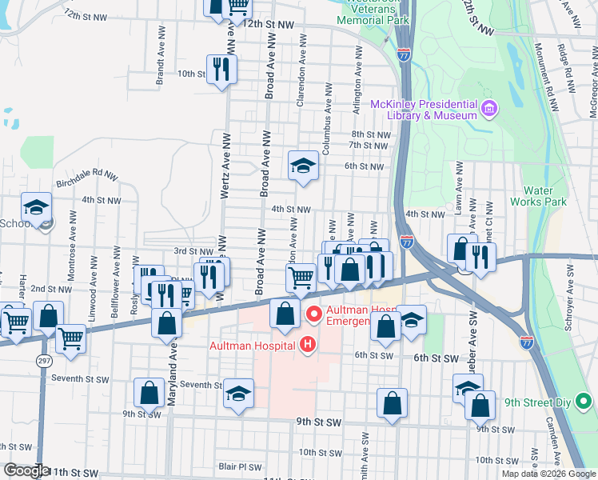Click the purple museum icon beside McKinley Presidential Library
coord(488,107)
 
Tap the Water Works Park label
coord(544,197)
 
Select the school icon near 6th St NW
coord(303,166)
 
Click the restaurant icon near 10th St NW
coord(221,69)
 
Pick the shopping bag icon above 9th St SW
coord(393,404)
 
